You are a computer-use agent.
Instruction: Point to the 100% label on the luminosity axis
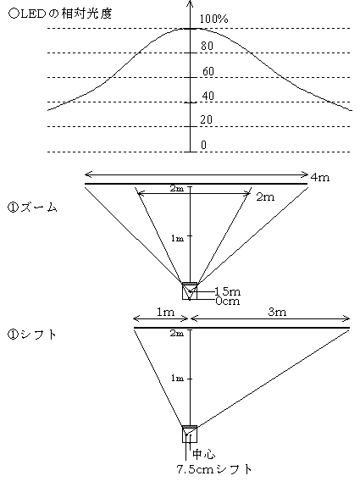[213, 19]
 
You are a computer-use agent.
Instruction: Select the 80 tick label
[207, 46]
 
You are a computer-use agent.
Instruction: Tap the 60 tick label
[208, 71]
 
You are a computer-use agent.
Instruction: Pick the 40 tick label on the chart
[208, 96]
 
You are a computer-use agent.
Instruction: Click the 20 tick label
[206, 119]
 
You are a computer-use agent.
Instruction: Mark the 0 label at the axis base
[204, 145]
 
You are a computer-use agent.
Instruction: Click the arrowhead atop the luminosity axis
[190, 3]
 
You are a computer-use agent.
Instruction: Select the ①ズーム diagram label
[32, 208]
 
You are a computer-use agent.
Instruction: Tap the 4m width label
[320, 177]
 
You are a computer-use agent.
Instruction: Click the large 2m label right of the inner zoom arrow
[265, 196]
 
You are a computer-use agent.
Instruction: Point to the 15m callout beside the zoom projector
[228, 291]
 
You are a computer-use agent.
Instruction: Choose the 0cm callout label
[228, 301]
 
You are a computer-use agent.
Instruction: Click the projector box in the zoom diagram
[190, 291]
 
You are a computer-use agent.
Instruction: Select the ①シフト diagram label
[32, 335]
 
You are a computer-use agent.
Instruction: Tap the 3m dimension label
[277, 312]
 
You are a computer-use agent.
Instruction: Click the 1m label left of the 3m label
[165, 312]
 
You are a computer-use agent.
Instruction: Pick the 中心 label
[204, 454]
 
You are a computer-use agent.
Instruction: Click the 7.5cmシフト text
[214, 469]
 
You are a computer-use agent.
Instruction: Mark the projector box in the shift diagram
[190, 434]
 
